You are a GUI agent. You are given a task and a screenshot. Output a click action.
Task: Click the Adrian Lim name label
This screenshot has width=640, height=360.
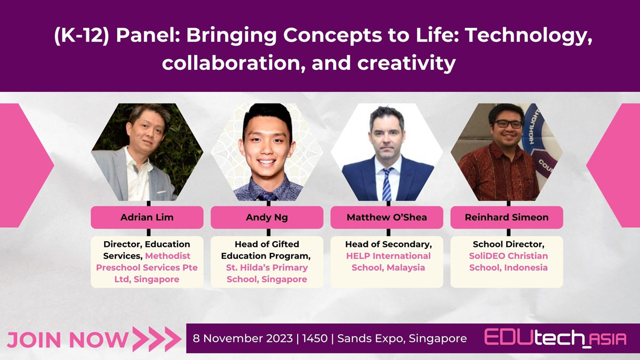tap(147, 217)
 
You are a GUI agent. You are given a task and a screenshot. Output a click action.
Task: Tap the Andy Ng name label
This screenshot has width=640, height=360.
tap(267, 217)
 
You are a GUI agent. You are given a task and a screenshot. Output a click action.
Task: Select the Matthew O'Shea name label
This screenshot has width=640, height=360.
tap(387, 217)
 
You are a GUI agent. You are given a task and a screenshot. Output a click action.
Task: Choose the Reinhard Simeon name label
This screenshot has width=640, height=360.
tap(507, 217)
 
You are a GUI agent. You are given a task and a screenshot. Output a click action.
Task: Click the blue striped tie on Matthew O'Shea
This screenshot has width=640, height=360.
tap(387, 185)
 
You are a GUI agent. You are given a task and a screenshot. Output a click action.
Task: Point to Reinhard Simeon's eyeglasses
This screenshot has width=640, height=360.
tap(509, 124)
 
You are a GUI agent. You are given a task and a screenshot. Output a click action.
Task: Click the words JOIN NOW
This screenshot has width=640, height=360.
tap(68, 340)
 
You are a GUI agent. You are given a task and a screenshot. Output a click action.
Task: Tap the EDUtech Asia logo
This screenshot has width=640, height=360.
tap(555, 338)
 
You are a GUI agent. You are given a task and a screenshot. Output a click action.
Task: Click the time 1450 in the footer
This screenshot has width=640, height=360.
tap(315, 338)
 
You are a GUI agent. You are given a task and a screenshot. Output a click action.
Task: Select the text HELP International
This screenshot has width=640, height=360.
tap(388, 255)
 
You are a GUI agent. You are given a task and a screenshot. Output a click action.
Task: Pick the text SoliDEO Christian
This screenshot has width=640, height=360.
tap(508, 255)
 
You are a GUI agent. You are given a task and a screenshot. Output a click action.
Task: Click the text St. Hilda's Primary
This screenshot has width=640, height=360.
tap(267, 267)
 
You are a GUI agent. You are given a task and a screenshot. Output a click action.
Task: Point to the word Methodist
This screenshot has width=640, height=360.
tap(167, 255)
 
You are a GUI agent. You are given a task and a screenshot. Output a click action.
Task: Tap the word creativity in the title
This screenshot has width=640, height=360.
tap(406, 63)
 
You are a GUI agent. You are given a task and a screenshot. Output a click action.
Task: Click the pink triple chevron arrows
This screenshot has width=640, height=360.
tap(157, 339)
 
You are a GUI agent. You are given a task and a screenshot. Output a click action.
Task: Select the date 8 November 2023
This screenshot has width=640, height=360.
tap(243, 338)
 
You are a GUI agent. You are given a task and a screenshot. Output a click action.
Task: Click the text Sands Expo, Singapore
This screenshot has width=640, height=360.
tap(402, 339)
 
